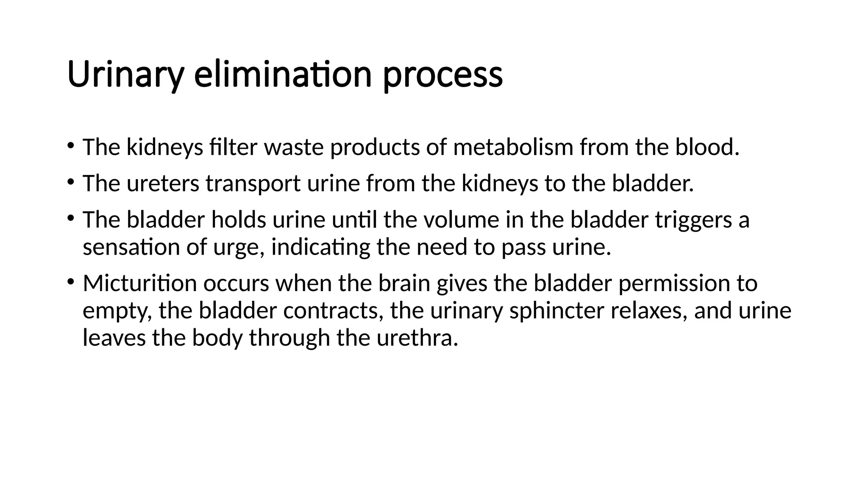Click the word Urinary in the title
pyautogui.click(x=125, y=75)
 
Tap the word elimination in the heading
pyautogui.click(x=283, y=75)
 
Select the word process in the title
pyautogui.click(x=442, y=75)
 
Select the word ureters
pyautogui.click(x=163, y=184)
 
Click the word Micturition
pyautogui.click(x=139, y=283)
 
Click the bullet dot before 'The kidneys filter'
pyautogui.click(x=70, y=146)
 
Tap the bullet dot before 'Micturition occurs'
pyautogui.click(x=70, y=282)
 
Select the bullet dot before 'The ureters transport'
pyautogui.click(x=70, y=182)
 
